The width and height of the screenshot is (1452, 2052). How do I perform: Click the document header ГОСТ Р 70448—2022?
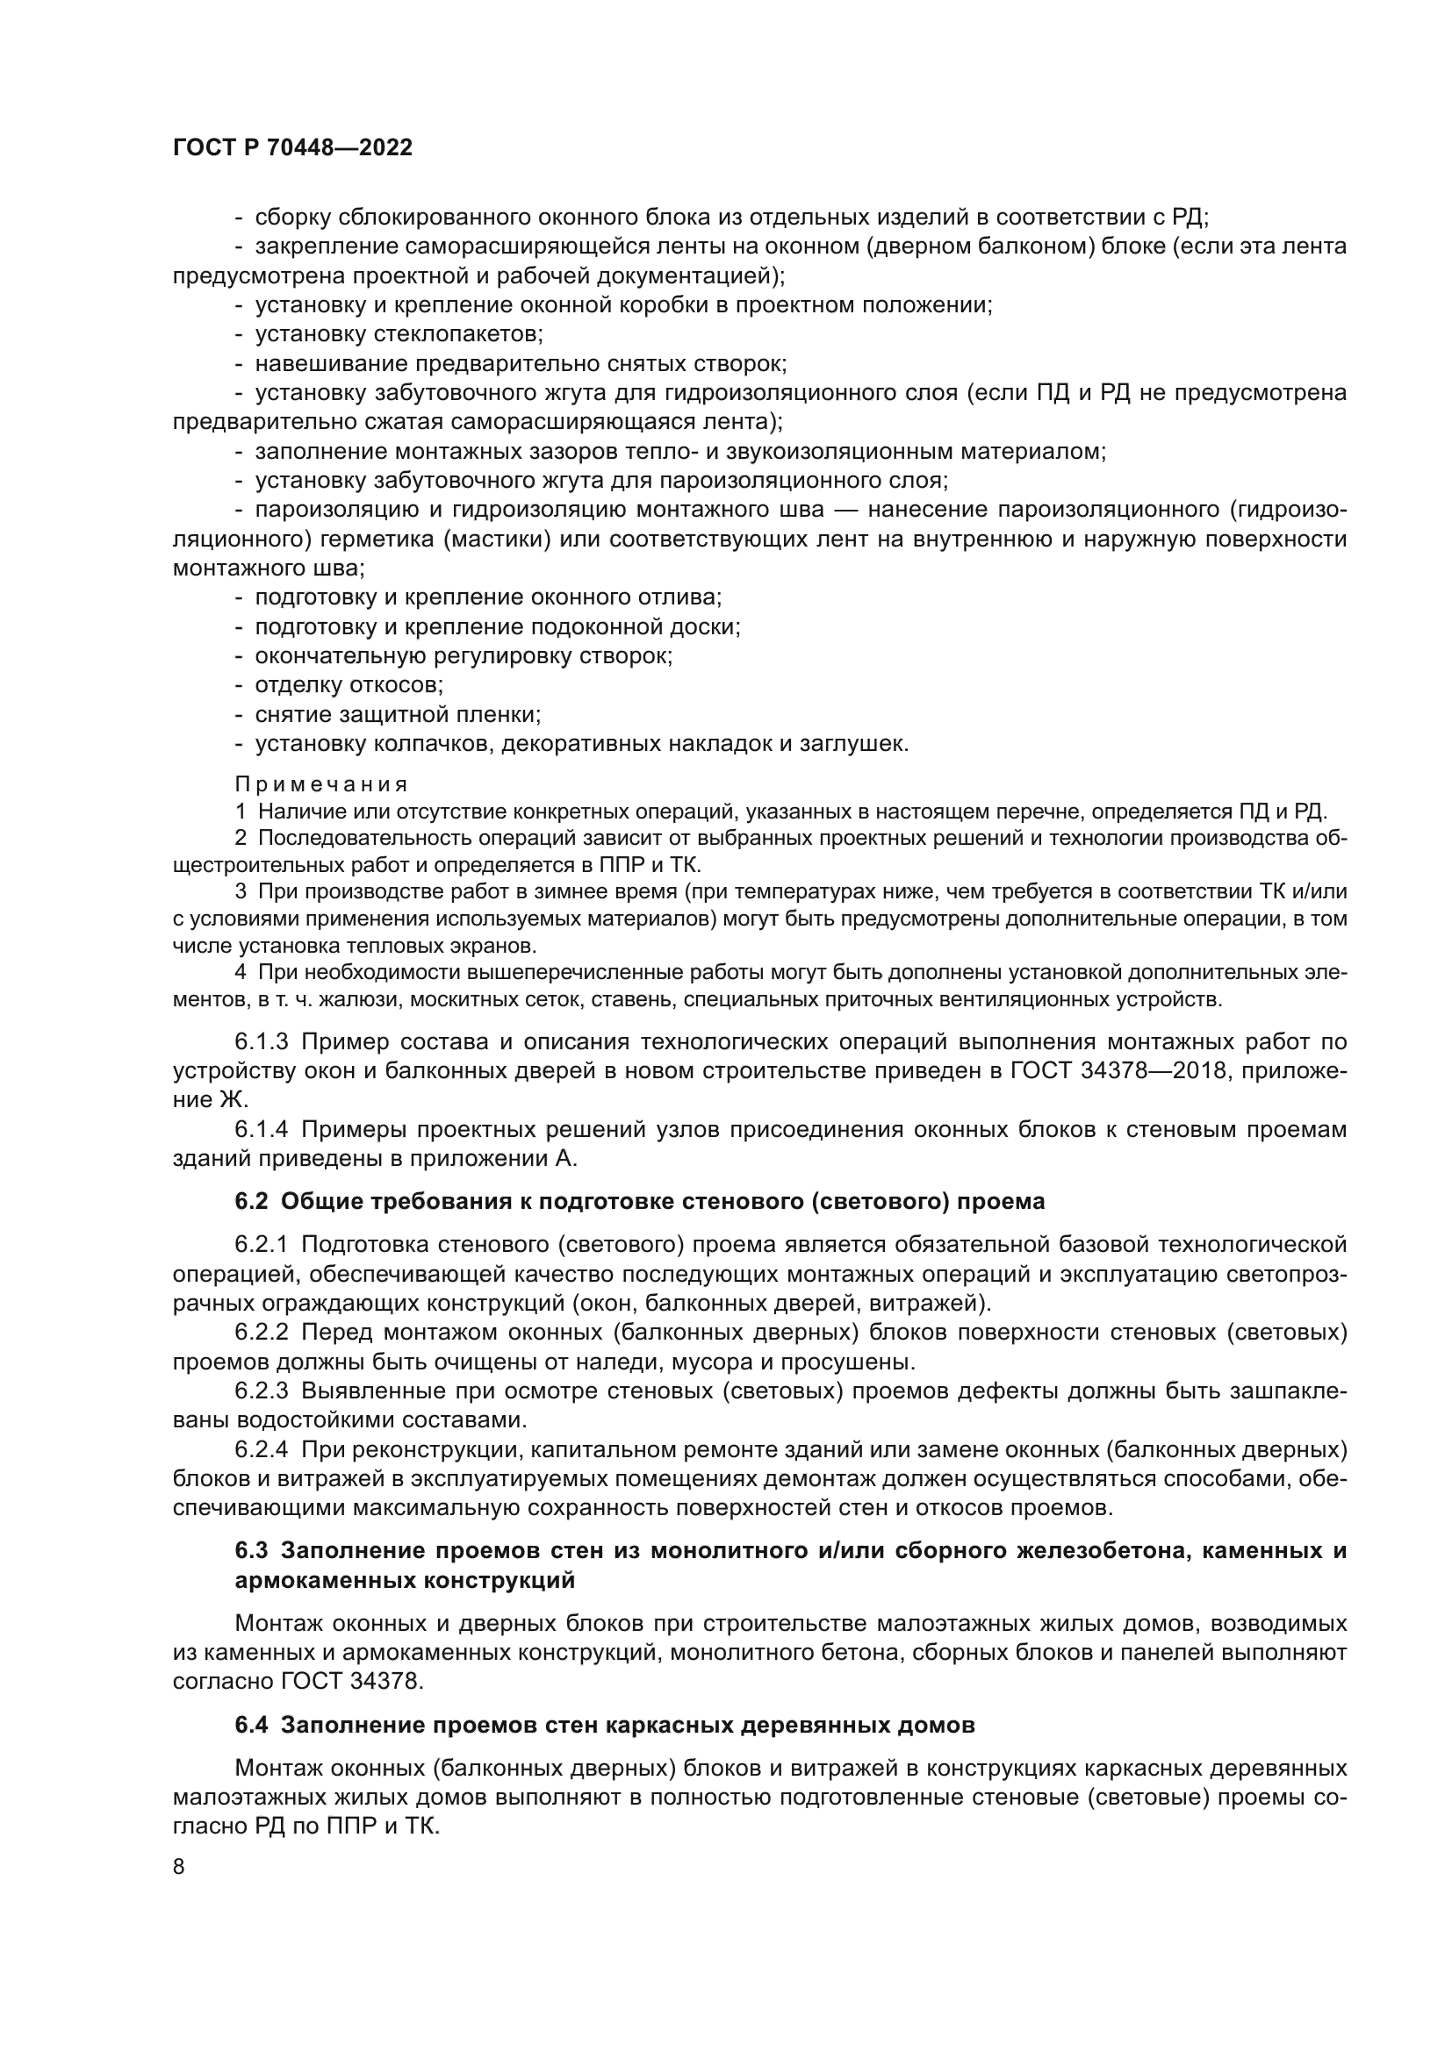pyautogui.click(x=292, y=148)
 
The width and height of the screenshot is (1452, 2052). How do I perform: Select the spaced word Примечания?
pyautogui.click(x=321, y=784)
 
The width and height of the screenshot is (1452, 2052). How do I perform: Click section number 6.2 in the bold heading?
pyautogui.click(x=251, y=1202)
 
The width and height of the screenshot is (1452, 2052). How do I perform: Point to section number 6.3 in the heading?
pyautogui.click(x=251, y=1550)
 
